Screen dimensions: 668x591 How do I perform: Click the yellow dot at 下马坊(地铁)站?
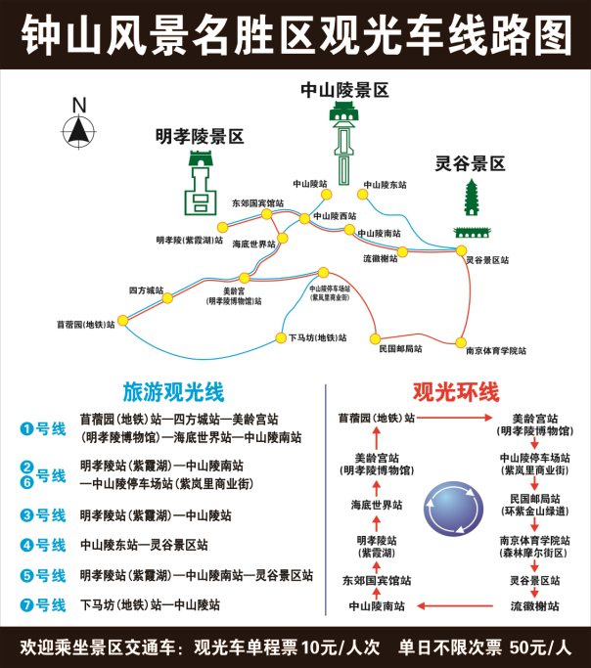[x=281, y=338]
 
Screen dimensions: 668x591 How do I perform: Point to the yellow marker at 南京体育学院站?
[x=459, y=343]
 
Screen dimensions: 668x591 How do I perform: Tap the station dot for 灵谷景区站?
[x=461, y=250]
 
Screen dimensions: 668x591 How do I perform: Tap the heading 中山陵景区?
[x=344, y=90]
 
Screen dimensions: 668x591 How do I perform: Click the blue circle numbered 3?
[x=27, y=515]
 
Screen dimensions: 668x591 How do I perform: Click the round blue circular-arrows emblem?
[x=453, y=508]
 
